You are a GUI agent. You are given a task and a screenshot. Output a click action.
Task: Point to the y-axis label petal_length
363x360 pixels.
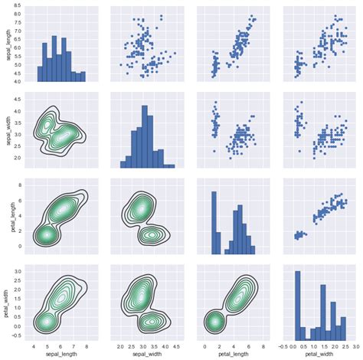coord(7,216)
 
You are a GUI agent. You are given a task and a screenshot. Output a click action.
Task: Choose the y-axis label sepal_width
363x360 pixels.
coord(7,130)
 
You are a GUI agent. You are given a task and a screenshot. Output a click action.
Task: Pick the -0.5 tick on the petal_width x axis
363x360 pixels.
coord(283,345)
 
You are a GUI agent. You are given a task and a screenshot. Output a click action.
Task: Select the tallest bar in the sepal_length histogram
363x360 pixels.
coord(54,58)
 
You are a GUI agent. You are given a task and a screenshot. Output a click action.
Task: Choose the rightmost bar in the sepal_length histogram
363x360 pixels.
coord(82,77)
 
